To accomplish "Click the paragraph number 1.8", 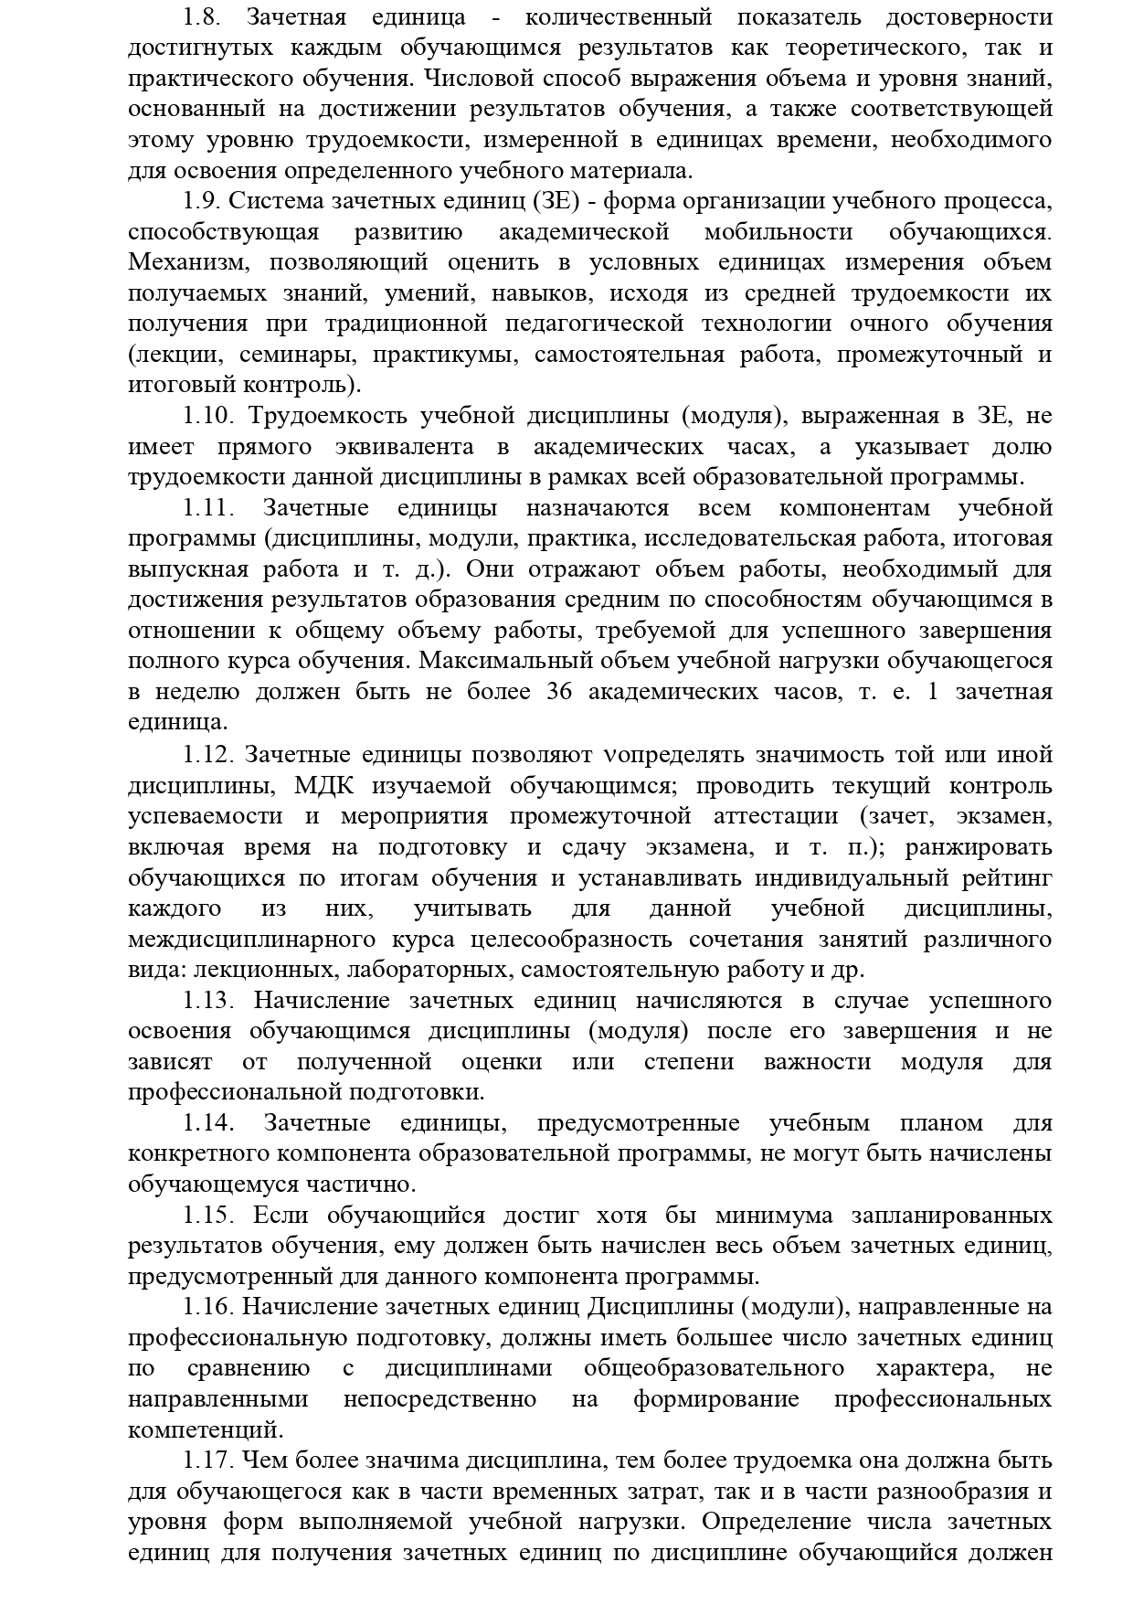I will pos(201,17).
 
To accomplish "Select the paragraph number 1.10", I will pos(209,417).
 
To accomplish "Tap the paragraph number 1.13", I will pos(209,1001).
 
